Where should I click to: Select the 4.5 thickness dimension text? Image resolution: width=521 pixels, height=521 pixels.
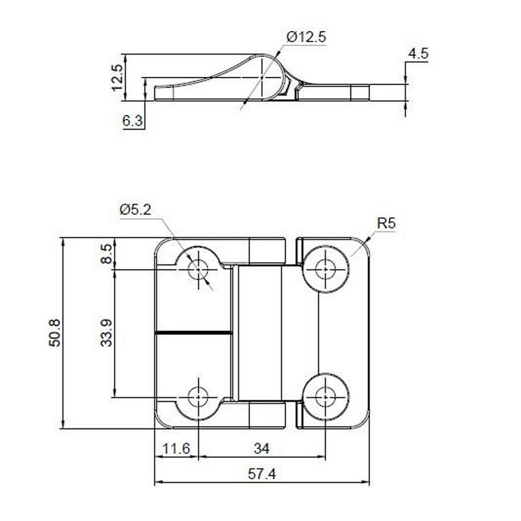pos(419,54)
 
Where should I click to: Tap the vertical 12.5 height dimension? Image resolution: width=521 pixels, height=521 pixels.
pos(117,77)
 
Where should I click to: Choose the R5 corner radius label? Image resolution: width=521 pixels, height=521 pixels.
pos(386,224)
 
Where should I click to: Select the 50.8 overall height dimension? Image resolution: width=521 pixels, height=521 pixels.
pos(55,332)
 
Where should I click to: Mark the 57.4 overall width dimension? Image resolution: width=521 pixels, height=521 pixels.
pos(261,474)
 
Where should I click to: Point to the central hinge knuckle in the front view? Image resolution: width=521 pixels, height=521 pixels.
pos(259,332)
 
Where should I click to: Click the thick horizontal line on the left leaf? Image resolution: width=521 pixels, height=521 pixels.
pos(193,333)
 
